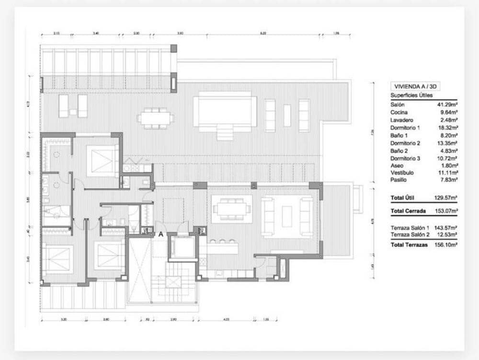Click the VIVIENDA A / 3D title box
pos(415,87)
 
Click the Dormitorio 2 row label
pos(405,143)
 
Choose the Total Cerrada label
pos(408,210)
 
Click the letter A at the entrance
pos(161,234)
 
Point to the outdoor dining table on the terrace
pos(155,118)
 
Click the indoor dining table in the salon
pos(231,209)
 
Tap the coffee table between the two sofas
pos(287,216)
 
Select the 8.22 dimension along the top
pos(262,34)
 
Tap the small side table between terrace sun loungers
pos(73,112)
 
